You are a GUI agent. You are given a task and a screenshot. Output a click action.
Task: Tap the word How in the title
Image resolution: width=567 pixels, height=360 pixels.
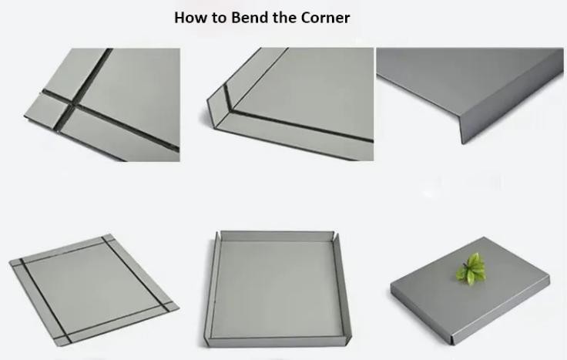coord(190,18)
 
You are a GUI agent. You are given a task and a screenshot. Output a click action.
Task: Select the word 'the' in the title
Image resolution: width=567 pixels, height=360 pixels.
coord(285,18)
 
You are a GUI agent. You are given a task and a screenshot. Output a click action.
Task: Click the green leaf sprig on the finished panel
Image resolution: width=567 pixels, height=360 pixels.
coord(471,270)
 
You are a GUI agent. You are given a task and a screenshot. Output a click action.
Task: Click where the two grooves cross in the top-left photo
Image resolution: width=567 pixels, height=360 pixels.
coord(71,106)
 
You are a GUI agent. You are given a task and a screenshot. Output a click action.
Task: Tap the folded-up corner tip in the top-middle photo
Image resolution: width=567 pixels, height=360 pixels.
coord(209,102)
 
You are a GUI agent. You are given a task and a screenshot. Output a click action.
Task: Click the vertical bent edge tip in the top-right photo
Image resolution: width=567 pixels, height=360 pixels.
coord(462,142)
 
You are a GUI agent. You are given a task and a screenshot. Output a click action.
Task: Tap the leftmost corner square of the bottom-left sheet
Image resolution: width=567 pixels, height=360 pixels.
coord(16,263)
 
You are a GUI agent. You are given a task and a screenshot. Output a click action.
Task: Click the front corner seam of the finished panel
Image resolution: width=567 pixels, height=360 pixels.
coord(452,340)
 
